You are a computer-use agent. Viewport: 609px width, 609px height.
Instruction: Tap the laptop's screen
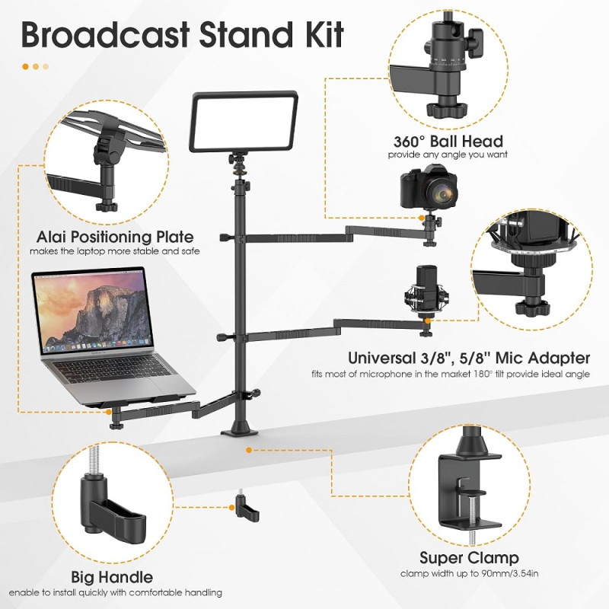tap(91, 311)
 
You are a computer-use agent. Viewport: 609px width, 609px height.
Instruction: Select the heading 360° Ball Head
tap(448, 142)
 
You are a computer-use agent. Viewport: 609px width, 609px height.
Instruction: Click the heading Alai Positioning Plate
tap(115, 237)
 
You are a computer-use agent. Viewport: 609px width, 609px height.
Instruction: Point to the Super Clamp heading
tap(469, 558)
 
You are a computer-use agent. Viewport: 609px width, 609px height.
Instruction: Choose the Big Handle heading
tap(113, 577)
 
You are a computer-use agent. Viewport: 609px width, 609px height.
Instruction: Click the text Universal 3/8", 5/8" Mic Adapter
tap(468, 358)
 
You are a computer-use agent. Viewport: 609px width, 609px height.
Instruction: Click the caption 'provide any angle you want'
tap(448, 155)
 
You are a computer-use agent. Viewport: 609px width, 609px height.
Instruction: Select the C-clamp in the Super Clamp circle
tap(467, 483)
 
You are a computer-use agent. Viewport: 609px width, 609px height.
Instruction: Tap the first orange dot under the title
tap(25, 66)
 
